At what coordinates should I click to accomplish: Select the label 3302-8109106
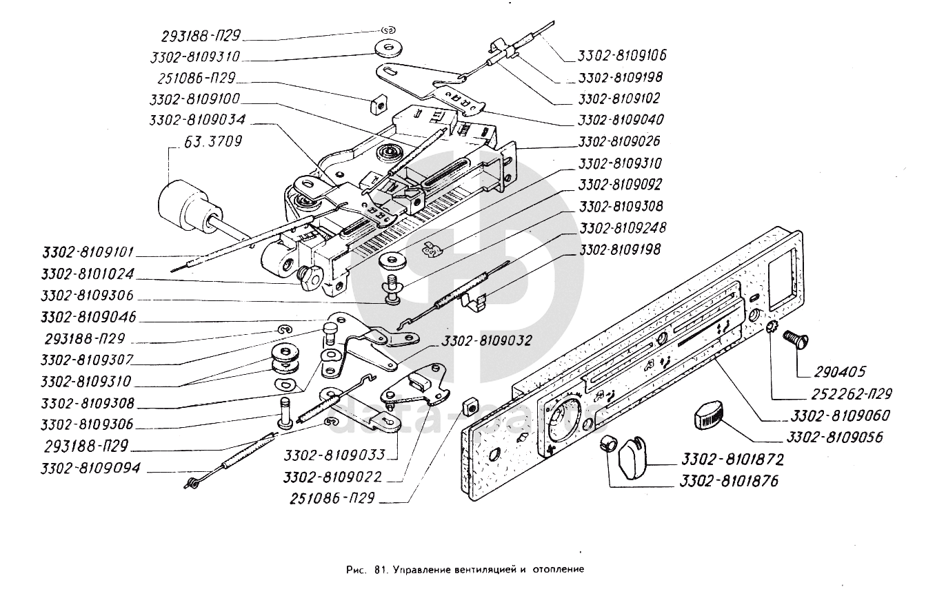(x=623, y=54)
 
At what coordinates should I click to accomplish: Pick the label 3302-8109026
(x=618, y=141)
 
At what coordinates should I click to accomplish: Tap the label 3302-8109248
(x=622, y=227)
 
